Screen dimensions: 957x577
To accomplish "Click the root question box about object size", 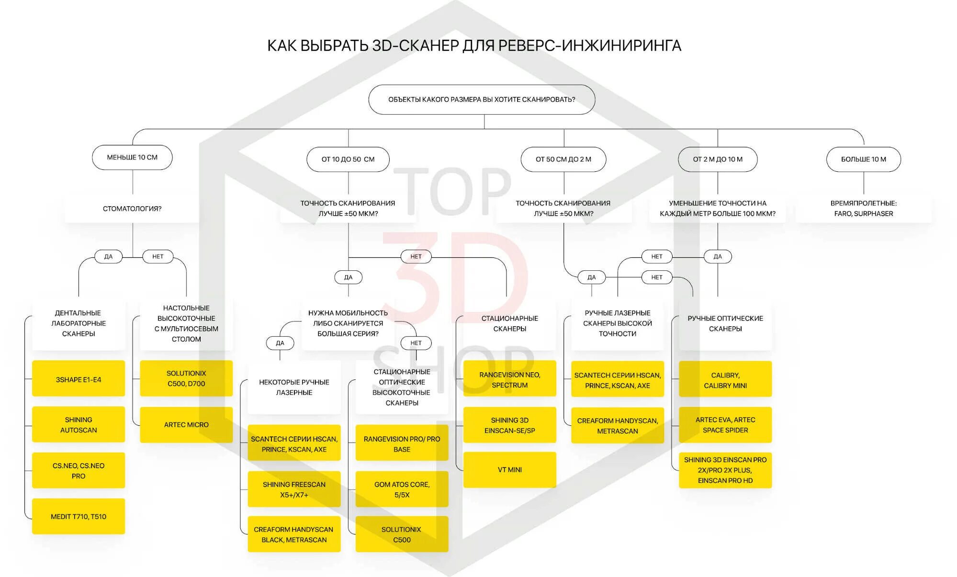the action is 482,100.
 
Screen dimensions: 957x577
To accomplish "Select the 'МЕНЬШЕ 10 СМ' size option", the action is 132,157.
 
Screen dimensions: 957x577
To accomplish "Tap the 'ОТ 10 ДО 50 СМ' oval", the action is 348,159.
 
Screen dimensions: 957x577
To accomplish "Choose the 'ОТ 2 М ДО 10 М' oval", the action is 718,159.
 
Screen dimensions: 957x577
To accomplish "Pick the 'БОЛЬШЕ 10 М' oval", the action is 863,159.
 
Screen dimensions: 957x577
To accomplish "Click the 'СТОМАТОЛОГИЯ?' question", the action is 132,209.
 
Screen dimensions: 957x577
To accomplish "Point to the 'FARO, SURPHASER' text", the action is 863,214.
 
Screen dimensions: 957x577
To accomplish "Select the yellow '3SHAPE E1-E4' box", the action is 79,379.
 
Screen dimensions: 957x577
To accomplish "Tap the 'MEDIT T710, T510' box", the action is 79,516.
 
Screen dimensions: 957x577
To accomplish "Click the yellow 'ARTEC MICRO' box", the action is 186,424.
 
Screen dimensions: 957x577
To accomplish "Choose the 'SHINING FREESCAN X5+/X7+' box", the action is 294,489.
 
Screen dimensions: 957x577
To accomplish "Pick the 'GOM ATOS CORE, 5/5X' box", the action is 402,489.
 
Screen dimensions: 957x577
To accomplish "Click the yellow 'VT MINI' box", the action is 509,470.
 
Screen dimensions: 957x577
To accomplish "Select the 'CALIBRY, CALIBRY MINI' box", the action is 725,380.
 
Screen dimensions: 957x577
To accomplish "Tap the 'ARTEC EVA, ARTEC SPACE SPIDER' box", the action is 725,425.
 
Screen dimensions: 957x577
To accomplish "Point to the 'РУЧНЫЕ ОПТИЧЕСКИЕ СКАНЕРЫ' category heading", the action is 725,323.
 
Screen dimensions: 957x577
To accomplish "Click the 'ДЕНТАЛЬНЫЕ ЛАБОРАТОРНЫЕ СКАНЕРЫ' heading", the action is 79,323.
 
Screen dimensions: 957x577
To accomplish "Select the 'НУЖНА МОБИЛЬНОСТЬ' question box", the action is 348,323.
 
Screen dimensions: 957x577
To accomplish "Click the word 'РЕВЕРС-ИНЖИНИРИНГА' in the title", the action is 590,45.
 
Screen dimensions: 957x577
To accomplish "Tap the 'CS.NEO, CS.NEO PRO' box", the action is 79,471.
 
